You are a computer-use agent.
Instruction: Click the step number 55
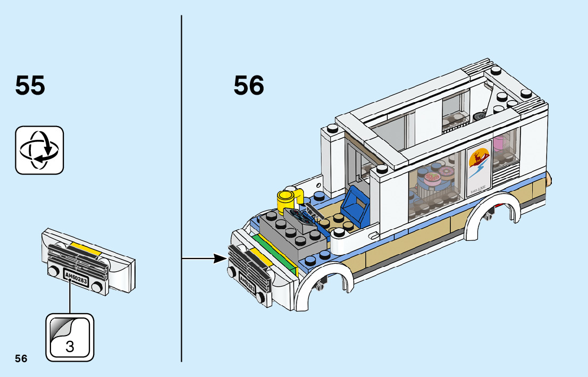(30, 85)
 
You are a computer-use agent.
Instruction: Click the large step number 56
(249, 85)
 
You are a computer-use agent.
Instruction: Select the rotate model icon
(39, 150)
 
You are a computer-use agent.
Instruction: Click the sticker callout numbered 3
(70, 338)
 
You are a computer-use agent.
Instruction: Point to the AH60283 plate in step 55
(75, 278)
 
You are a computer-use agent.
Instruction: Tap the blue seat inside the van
(355, 207)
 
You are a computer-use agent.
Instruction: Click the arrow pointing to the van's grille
(205, 259)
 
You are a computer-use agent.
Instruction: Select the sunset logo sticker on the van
(480, 162)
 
